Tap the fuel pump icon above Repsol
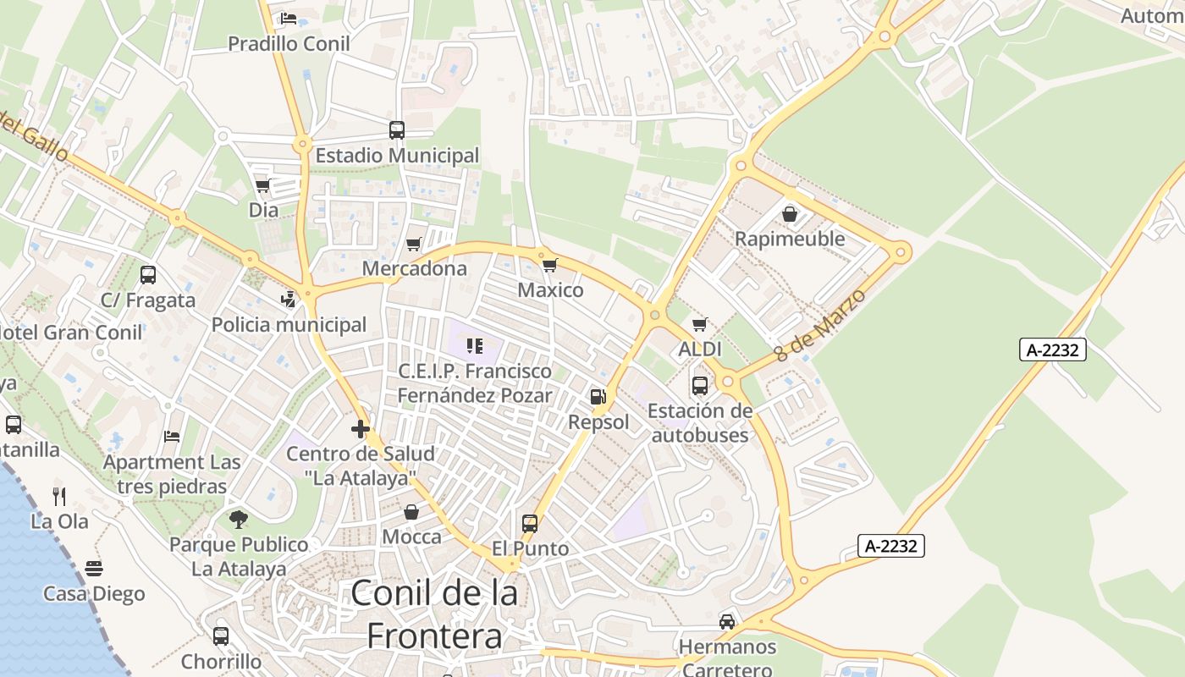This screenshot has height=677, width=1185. click(598, 397)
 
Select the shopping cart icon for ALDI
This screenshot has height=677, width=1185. click(699, 324)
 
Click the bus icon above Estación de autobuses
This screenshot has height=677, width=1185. click(700, 386)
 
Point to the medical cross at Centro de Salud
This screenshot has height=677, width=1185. click(361, 429)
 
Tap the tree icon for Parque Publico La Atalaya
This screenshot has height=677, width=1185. click(239, 519)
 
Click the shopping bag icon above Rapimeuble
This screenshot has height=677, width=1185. click(790, 214)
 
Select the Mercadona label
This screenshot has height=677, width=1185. click(415, 269)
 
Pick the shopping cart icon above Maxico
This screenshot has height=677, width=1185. click(550, 266)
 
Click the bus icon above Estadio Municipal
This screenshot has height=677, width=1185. click(397, 130)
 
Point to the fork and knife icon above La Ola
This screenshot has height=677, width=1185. click(59, 496)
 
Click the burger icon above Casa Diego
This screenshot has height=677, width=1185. click(94, 569)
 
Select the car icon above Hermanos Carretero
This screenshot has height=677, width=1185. click(727, 622)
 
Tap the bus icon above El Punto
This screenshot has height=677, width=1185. click(530, 524)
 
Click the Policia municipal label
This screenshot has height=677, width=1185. click(289, 325)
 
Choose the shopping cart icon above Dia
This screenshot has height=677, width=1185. click(263, 184)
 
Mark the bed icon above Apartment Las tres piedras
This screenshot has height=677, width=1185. click(172, 437)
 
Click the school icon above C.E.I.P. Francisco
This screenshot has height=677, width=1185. click(474, 345)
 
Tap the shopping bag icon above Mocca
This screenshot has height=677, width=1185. click(411, 512)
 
